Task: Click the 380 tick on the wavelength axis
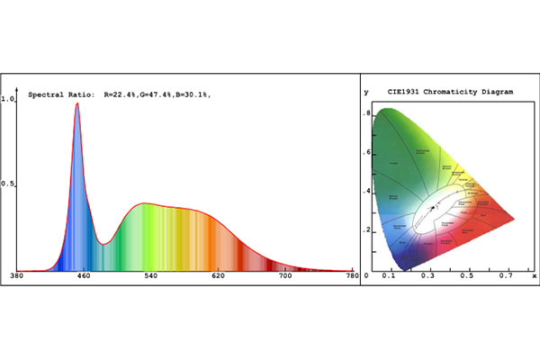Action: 15,275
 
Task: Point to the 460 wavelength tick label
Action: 83,275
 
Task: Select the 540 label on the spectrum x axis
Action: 150,275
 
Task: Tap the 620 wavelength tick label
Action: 218,275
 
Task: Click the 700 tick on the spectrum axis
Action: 285,275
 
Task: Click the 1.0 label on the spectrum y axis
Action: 8,100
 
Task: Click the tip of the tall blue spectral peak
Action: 77,103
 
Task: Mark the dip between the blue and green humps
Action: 105,243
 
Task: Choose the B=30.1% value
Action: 205,94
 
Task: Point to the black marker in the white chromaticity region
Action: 432,208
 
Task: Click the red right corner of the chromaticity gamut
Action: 513,219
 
